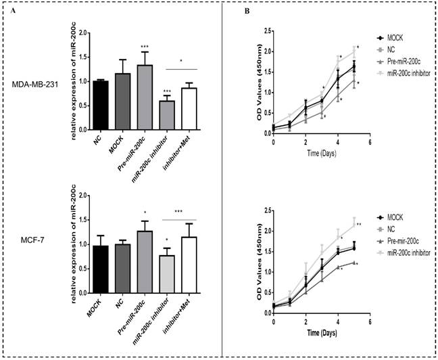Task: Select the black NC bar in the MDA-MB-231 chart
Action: click(x=102, y=106)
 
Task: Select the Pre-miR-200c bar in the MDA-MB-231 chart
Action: click(x=144, y=97)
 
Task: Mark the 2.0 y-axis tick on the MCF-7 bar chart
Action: click(x=84, y=196)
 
